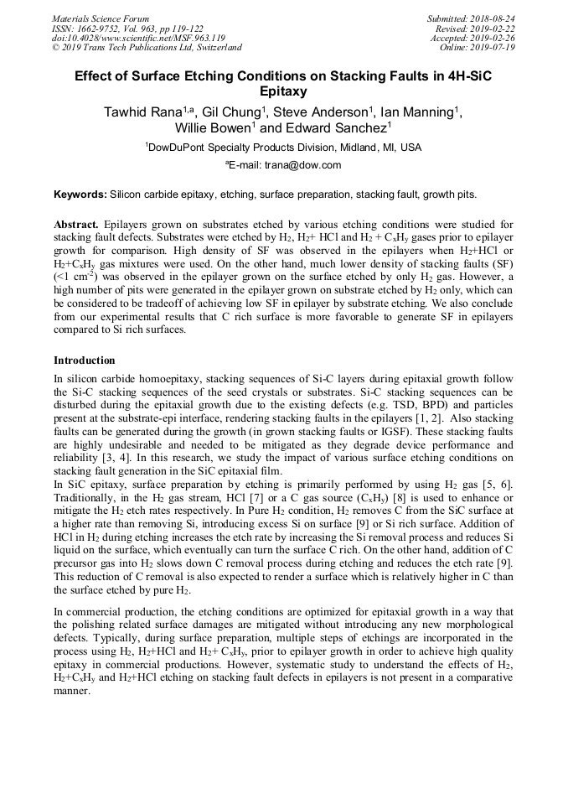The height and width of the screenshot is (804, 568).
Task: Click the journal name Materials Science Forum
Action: point(101,18)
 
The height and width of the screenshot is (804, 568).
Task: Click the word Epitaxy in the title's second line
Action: point(284,91)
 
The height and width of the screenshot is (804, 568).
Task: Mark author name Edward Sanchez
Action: point(333,129)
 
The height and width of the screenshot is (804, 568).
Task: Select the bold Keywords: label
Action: point(80,195)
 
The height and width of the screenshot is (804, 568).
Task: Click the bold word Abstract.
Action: point(75,226)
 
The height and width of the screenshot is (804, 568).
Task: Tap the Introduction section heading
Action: point(85,361)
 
